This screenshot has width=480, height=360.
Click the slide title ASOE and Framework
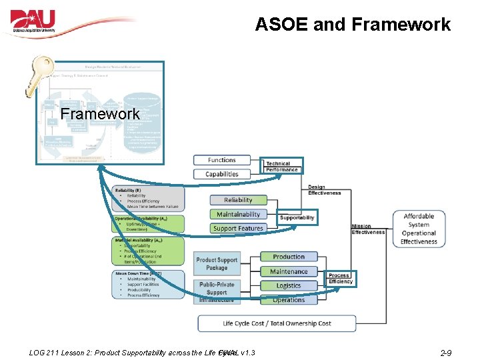353,25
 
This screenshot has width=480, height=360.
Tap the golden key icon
36,75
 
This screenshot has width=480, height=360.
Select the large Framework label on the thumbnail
99,114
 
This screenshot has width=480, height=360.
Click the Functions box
222,160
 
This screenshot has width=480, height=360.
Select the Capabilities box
222,174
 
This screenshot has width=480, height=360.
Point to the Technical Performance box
282,166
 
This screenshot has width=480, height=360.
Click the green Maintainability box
238,214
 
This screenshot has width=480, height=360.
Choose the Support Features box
238,228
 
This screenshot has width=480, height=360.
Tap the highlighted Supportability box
297,218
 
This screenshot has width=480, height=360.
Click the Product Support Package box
217,263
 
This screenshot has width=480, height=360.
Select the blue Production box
289,257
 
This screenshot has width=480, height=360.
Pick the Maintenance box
289,271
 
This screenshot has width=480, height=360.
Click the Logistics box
289,285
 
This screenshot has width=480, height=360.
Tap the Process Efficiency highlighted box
340,279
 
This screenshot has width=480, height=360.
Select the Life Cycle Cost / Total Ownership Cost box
277,323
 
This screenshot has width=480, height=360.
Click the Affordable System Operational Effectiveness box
419,229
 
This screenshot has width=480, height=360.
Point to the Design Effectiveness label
325,190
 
